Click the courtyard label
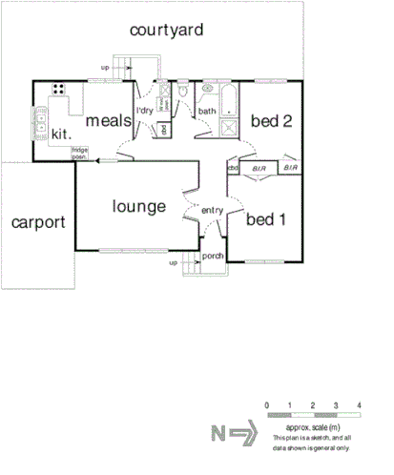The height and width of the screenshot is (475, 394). (168, 31)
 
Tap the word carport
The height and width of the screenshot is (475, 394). (38, 223)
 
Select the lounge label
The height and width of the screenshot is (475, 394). (139, 206)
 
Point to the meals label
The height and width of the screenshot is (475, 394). (108, 121)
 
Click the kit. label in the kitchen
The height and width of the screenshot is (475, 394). (62, 133)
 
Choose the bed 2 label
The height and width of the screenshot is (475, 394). (270, 121)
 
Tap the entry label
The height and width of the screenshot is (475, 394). (211, 211)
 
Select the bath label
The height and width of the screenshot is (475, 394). (207, 113)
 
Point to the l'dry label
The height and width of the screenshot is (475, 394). (144, 113)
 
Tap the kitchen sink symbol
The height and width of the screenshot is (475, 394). (42, 120)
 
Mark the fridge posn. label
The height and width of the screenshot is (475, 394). (79, 153)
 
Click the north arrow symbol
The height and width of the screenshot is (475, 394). (235, 435)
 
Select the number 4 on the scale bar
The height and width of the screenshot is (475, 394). (359, 406)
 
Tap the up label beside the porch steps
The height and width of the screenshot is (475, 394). (173, 261)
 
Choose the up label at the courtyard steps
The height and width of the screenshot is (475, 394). (105, 67)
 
